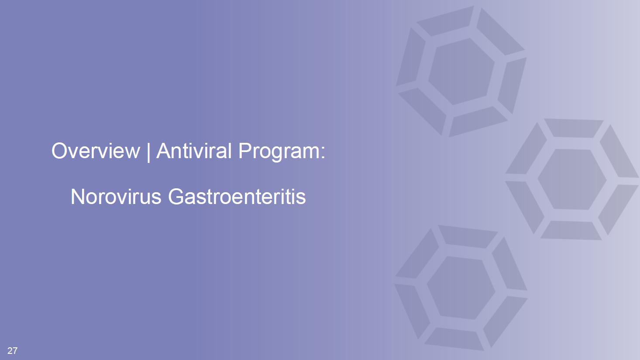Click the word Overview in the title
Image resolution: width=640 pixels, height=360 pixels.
(x=96, y=151)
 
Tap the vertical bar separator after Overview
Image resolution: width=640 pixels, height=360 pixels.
(x=148, y=152)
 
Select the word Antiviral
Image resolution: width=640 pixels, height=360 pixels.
(x=194, y=151)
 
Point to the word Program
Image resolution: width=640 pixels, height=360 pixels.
(x=278, y=152)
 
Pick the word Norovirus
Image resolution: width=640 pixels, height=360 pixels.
(x=116, y=197)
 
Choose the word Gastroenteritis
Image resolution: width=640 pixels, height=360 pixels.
(x=237, y=197)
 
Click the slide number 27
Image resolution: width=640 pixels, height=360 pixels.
(x=12, y=350)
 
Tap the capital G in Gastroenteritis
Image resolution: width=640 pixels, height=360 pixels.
(x=175, y=197)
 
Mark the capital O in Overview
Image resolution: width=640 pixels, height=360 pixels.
(x=59, y=151)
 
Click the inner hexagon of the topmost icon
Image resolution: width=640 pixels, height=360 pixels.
(x=461, y=72)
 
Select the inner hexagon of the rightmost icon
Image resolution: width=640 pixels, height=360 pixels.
(x=572, y=179)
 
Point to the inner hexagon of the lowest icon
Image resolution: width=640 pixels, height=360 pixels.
(x=461, y=288)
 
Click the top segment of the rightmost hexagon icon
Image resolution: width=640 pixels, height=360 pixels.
(x=574, y=128)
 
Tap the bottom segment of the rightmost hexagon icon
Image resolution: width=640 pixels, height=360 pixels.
(x=571, y=230)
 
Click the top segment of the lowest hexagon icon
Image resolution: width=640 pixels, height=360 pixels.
(x=468, y=236)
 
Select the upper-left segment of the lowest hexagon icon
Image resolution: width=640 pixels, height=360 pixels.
(x=417, y=254)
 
